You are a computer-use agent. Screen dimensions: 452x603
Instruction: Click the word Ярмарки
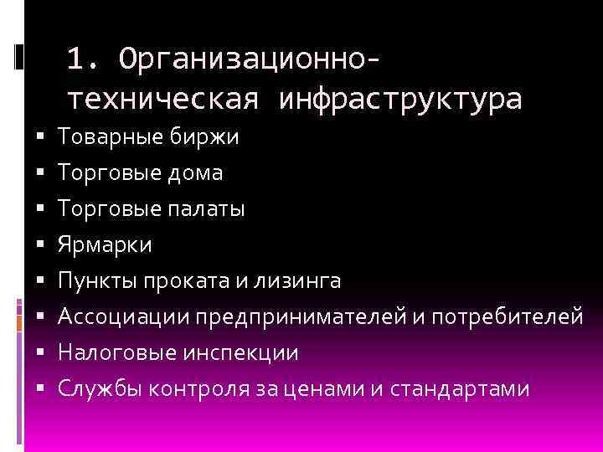point(105,245)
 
